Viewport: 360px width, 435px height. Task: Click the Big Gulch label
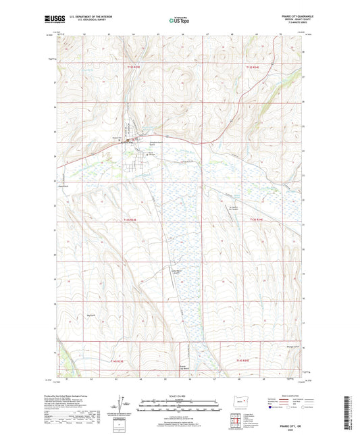(91, 314)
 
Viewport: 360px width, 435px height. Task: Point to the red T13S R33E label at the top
(135, 68)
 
